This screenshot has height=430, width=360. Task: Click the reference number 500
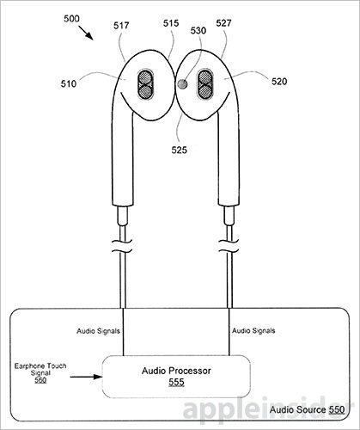(x=71, y=19)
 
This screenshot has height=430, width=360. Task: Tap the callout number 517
(x=121, y=26)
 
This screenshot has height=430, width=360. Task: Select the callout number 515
(x=171, y=23)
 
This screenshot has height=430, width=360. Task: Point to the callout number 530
(x=198, y=31)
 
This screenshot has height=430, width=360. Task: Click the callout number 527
(x=223, y=23)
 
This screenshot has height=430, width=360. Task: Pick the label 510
(x=69, y=84)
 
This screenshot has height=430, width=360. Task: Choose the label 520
(x=279, y=82)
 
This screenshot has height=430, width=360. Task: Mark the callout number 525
(x=180, y=150)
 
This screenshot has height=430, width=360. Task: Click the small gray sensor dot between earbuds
(x=182, y=84)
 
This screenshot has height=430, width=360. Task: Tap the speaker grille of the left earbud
(x=145, y=85)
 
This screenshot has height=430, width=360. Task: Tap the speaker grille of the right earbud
(x=204, y=85)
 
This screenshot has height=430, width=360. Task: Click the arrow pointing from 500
(x=85, y=33)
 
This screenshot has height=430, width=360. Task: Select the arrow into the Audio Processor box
(x=86, y=377)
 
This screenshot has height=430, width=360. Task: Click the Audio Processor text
(x=176, y=371)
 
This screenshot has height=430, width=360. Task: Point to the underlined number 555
(x=176, y=383)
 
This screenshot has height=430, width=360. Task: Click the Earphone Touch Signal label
(x=40, y=370)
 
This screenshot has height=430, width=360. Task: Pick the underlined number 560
(x=40, y=380)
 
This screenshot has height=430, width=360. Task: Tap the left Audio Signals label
(x=98, y=331)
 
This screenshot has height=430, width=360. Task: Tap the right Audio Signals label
(x=253, y=331)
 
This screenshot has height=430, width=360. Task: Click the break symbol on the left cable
(x=122, y=246)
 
